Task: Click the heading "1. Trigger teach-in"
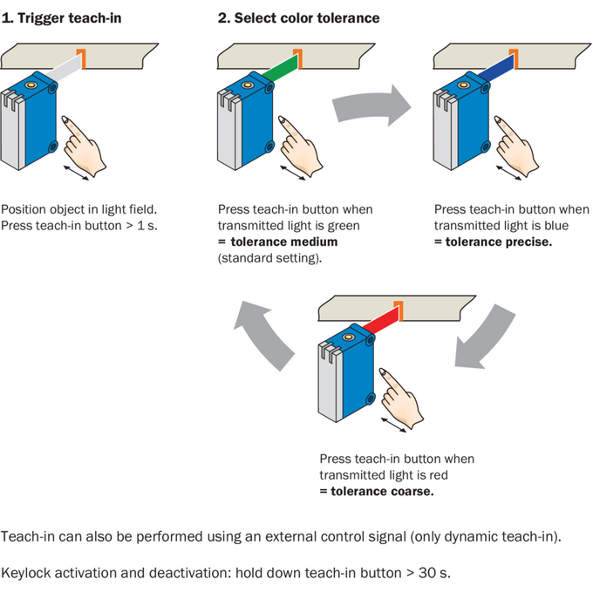(62, 18)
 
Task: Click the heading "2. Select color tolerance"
(299, 18)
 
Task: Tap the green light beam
(280, 68)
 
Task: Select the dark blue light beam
(496, 68)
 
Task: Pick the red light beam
(381, 320)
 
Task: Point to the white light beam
(64, 68)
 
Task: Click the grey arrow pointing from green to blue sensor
(371, 106)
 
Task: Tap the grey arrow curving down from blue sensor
(484, 336)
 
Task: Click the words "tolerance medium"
(284, 242)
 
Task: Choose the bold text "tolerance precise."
(499, 242)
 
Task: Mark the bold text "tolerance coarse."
(382, 491)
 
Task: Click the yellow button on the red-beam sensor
(348, 337)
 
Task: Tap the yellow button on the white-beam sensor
(31, 85)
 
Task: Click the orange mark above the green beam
(298, 58)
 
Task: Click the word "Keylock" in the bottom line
(26, 573)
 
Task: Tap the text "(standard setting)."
(270, 258)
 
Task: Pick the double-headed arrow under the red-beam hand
(393, 425)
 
